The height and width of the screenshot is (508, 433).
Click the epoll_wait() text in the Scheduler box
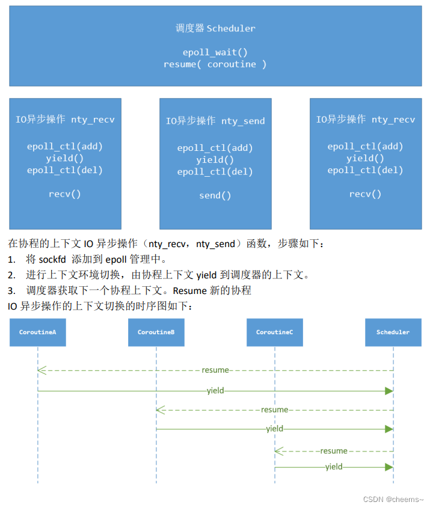[x=215, y=52]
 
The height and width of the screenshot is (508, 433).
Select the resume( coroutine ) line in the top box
[x=215, y=64]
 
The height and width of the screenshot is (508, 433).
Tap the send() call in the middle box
[x=215, y=195]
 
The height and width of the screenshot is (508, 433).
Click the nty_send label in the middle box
[x=243, y=121]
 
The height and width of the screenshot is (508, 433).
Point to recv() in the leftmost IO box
[x=65, y=194]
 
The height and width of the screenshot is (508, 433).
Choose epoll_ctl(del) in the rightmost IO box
[x=365, y=170]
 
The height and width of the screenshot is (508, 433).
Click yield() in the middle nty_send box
[x=215, y=159]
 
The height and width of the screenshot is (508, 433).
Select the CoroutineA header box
[x=37, y=332]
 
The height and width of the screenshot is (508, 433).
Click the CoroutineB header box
[x=156, y=332]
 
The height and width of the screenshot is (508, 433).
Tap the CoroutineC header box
[x=274, y=332]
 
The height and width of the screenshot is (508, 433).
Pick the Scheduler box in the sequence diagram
[x=393, y=332]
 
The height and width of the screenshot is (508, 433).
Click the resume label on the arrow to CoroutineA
[x=215, y=370]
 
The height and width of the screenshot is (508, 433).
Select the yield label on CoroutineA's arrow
[x=215, y=391]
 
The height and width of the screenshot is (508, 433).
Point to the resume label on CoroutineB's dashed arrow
[x=274, y=409]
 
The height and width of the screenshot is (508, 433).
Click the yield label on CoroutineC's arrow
[x=334, y=467]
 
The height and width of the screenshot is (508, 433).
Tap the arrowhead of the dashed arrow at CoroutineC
[x=278, y=450]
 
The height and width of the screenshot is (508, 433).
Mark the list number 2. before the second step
[x=11, y=275]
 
